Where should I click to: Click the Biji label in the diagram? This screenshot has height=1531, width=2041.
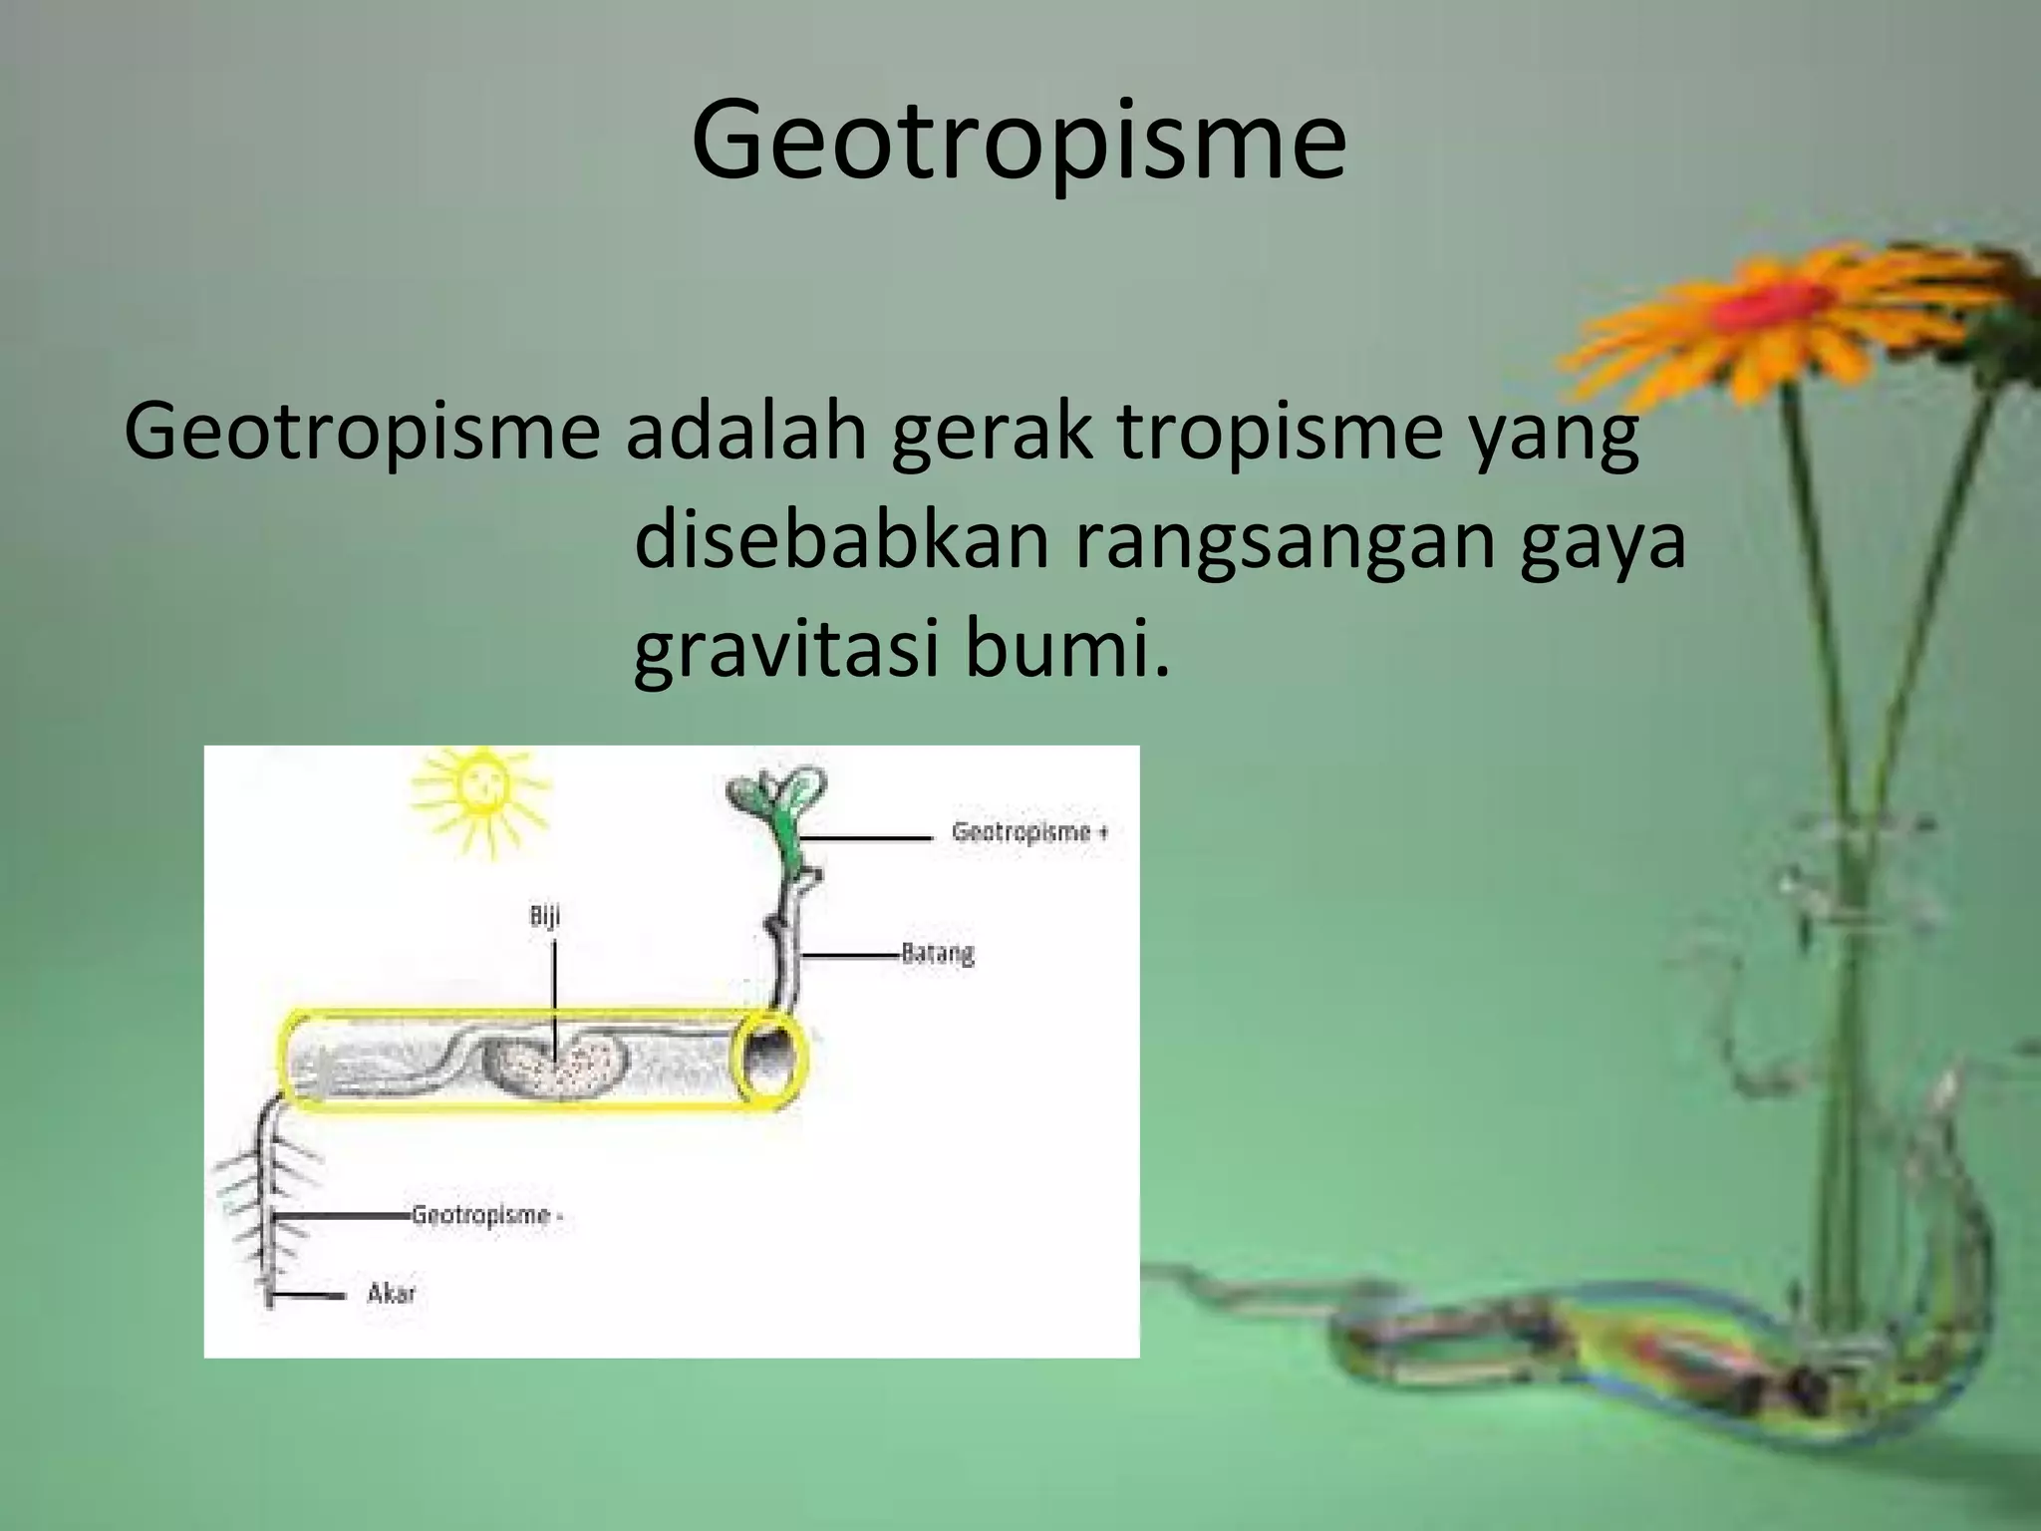point(545,916)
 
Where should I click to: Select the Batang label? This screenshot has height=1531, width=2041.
point(937,954)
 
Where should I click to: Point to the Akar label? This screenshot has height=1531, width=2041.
point(391,1294)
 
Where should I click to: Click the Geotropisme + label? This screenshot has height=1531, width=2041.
point(1029,832)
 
